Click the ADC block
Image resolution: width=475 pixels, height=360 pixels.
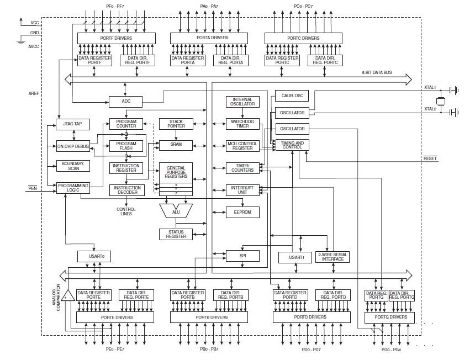tap(125, 102)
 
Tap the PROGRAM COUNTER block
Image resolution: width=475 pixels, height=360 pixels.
tap(126, 124)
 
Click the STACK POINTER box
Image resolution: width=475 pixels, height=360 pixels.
tap(176, 124)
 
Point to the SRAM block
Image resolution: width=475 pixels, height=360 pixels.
tap(176, 145)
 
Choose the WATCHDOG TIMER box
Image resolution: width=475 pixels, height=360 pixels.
tap(242, 124)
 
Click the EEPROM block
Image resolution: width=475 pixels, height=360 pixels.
tap(242, 211)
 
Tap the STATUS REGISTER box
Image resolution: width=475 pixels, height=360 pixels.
tap(176, 234)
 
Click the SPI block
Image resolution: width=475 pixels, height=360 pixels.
tap(242, 256)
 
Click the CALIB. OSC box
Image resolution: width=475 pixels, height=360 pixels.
tap(292, 96)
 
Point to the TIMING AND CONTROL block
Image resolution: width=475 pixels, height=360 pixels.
tap(292, 145)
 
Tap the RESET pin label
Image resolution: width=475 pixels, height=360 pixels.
tap(430, 158)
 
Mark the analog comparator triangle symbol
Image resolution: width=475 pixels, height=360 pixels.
tap(67, 296)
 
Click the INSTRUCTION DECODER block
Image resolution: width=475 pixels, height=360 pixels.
tap(126, 190)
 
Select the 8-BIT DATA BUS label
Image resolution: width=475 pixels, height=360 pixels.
tap(377, 72)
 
